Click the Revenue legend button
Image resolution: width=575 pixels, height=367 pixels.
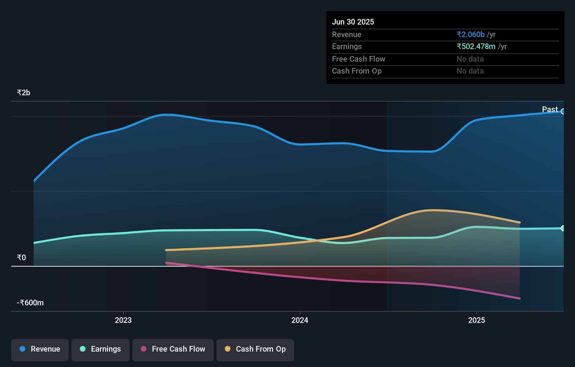click(x=40, y=349)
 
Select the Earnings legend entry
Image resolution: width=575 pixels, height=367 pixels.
click(x=101, y=349)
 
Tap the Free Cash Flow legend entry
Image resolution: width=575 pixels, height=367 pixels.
click(x=173, y=349)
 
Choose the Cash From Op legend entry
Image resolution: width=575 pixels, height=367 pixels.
click(x=255, y=349)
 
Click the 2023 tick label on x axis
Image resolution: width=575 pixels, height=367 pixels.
click(x=123, y=320)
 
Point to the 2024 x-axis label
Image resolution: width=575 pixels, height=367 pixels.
click(x=300, y=320)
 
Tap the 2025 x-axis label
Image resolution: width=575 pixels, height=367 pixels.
click(x=477, y=320)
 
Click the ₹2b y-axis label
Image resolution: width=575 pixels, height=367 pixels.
click(x=23, y=93)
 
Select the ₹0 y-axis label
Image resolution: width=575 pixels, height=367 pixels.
click(x=21, y=258)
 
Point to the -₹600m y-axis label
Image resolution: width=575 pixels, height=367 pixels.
click(x=30, y=303)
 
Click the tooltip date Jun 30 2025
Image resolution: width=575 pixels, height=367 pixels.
click(x=353, y=22)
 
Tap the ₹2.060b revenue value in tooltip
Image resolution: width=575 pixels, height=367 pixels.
click(x=470, y=35)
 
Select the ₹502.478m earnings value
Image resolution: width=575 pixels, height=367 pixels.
click(x=476, y=47)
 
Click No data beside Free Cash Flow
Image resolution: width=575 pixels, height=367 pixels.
click(x=470, y=59)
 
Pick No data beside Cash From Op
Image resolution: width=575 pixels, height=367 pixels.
click(x=470, y=71)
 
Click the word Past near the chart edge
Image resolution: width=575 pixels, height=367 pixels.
click(x=550, y=110)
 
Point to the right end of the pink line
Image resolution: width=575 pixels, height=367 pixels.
click(x=520, y=298)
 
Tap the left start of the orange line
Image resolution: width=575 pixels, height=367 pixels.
click(x=166, y=250)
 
